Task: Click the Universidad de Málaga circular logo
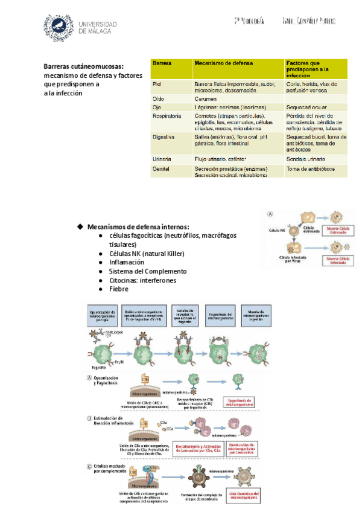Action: click(x=58, y=28)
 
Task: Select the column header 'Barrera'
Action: click(x=162, y=63)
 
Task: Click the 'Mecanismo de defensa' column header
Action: click(x=223, y=63)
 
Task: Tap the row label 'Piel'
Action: click(x=157, y=84)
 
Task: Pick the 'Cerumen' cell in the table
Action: click(x=205, y=98)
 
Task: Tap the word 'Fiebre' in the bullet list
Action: click(x=118, y=289)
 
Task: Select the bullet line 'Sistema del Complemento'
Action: click(x=148, y=271)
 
